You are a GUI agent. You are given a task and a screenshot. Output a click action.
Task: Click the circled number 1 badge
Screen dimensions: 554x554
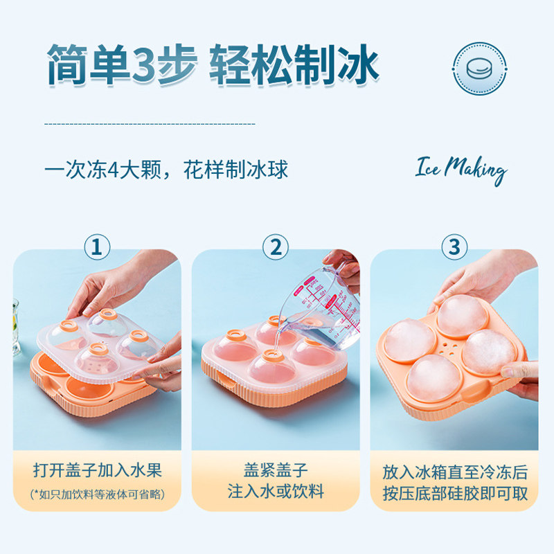point(97,247)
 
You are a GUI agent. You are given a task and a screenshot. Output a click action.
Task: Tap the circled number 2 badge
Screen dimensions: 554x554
point(276,247)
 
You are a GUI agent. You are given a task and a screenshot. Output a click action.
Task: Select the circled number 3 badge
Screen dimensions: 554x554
point(454,247)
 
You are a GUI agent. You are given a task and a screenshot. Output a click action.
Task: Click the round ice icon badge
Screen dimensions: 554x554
point(479,69)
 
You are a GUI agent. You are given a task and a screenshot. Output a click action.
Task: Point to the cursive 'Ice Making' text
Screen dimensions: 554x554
point(461,170)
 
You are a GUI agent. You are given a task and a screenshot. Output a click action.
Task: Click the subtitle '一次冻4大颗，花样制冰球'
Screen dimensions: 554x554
point(166,170)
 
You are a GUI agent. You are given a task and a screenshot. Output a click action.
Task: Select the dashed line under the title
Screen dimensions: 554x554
point(150,124)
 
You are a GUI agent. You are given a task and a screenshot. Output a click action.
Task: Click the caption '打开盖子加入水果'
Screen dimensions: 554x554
point(97,470)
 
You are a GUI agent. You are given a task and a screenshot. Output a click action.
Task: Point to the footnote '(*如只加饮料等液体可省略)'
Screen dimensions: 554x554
point(97,494)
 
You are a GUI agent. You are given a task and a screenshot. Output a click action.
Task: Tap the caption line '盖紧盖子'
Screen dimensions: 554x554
point(276,470)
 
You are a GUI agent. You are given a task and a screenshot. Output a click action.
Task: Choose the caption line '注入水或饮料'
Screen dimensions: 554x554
point(276,492)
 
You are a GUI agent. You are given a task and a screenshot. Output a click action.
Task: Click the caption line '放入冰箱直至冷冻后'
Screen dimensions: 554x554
point(455,472)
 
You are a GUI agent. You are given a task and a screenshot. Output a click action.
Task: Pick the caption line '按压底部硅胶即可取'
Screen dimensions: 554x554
point(455,494)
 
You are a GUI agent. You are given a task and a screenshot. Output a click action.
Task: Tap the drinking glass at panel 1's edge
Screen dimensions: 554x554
point(15,328)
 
